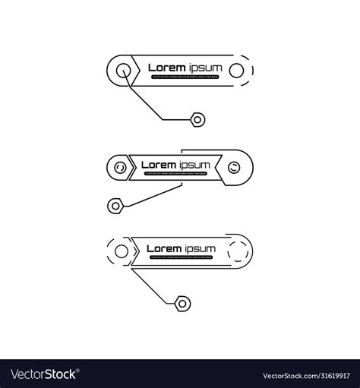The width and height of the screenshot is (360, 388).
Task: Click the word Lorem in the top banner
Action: tap(166, 68)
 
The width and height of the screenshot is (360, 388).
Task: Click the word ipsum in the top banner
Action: tap(205, 68)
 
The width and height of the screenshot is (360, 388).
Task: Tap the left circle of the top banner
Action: tap(124, 71)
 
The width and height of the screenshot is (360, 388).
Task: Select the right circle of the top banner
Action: tap(236, 71)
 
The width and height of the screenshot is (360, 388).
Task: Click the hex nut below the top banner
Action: tap(197, 118)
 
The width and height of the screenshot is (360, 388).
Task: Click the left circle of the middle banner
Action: tap(120, 165)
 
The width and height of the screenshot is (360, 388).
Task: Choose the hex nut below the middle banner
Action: tap(115, 204)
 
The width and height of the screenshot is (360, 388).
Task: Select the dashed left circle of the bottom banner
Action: tap(119, 251)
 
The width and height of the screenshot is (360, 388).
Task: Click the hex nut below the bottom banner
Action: tap(182, 303)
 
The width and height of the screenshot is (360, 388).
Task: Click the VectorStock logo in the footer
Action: tap(44, 374)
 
